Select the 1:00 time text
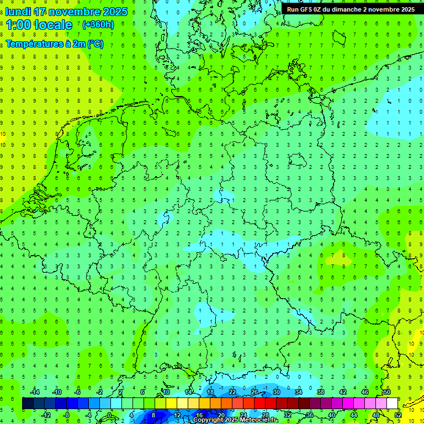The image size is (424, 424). (x=18, y=25)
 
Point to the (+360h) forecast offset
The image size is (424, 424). (x=98, y=25)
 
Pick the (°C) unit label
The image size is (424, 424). (x=95, y=44)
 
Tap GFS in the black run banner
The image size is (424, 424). (x=308, y=9)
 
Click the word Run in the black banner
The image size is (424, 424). (x=293, y=9)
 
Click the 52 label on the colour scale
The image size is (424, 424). (x=398, y=415)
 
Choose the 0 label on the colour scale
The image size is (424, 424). (x=109, y=415)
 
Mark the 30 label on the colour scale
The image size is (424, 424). (x=277, y=392)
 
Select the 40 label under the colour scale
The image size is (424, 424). (x=331, y=415)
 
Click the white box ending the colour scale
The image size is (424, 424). (x=392, y=404)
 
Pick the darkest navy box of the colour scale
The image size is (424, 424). (x=28, y=404)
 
